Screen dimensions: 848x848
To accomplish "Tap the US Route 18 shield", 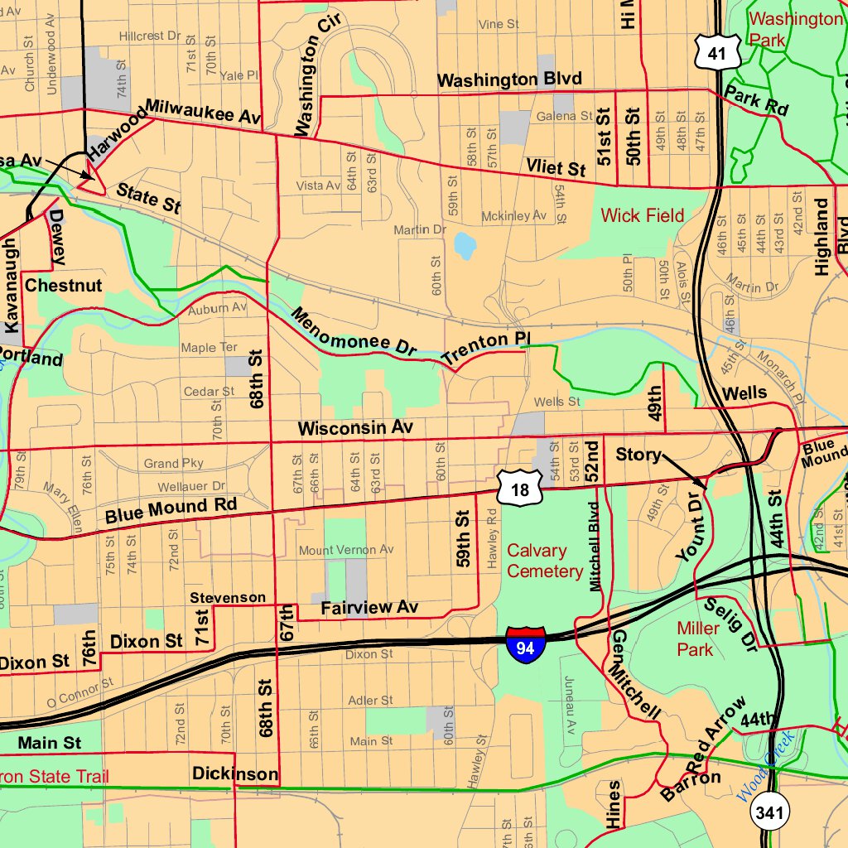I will click(x=519, y=489).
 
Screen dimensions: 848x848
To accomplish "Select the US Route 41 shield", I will click(x=711, y=52).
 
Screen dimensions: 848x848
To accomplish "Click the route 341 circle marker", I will click(x=768, y=812).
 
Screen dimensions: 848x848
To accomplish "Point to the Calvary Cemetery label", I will click(x=545, y=561).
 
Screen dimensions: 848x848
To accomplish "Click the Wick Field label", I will click(x=643, y=216).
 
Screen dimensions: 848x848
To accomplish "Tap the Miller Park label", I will click(x=695, y=638).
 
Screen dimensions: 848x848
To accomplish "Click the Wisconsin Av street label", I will click(x=355, y=428).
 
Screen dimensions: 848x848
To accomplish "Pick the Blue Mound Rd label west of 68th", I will click(x=171, y=510).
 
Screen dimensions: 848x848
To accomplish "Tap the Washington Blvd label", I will click(x=509, y=79).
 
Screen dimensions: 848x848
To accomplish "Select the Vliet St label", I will click(x=556, y=168).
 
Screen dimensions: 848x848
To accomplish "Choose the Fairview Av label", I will click(x=369, y=608).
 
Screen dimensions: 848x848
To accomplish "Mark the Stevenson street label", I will click(x=228, y=598).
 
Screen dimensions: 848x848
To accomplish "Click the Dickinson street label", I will click(x=235, y=774).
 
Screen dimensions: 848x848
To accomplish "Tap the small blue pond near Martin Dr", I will click(x=465, y=245).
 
